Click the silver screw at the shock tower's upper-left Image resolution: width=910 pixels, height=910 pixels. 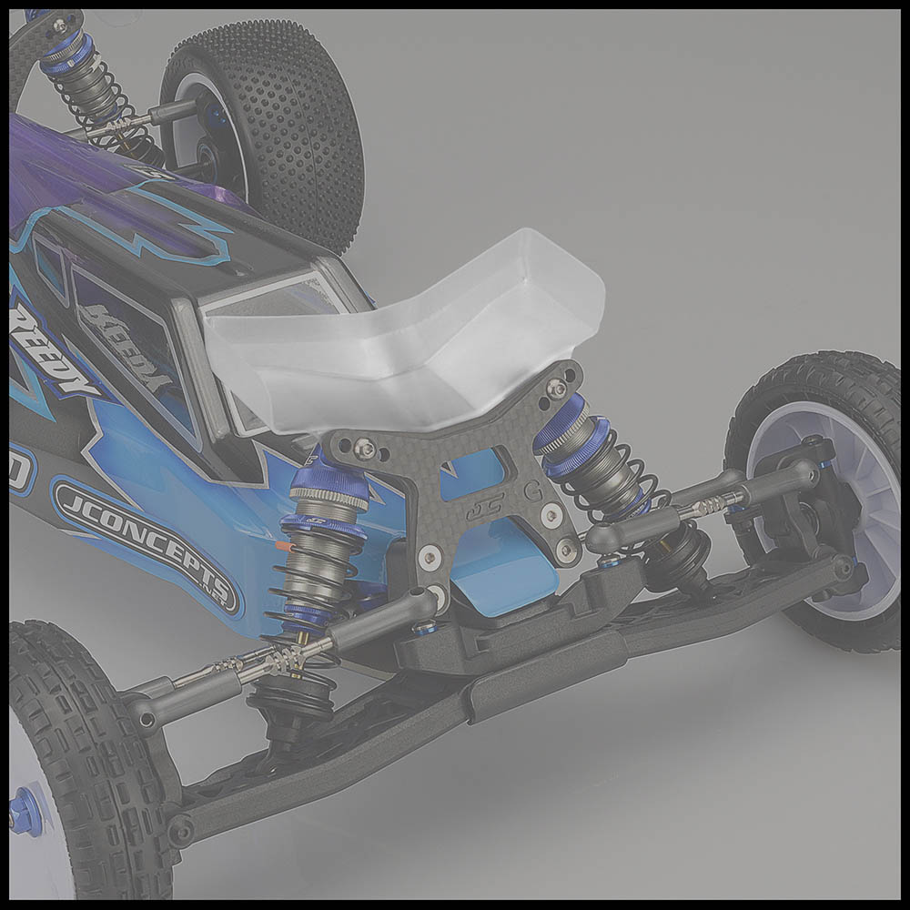[365, 447]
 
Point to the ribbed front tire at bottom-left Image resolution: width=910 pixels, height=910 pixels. [82, 755]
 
